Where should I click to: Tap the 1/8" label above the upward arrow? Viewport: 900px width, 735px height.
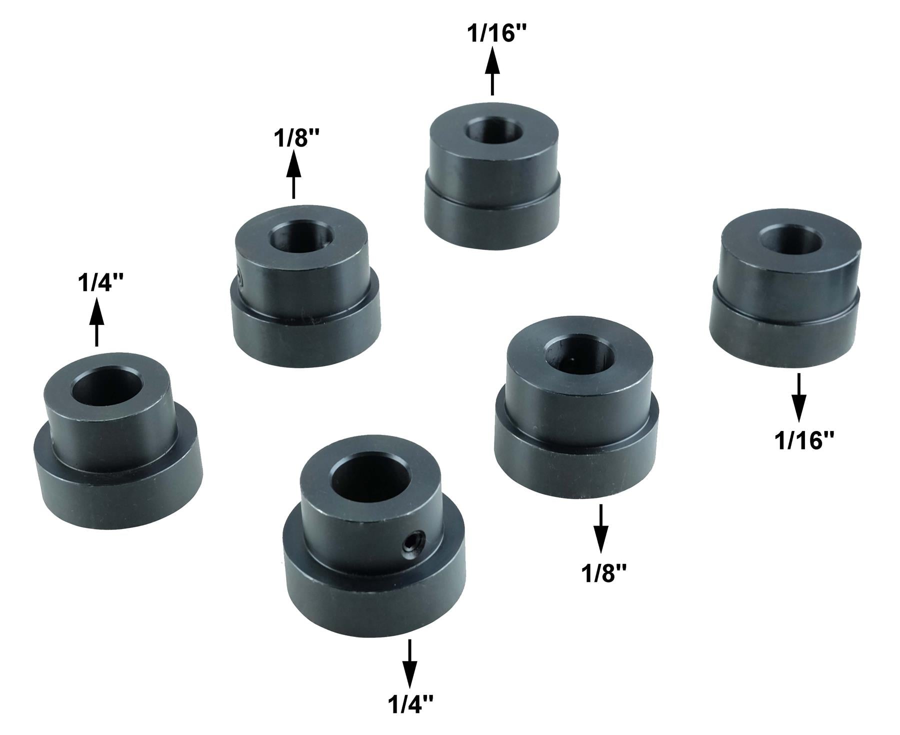[x=293, y=138]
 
